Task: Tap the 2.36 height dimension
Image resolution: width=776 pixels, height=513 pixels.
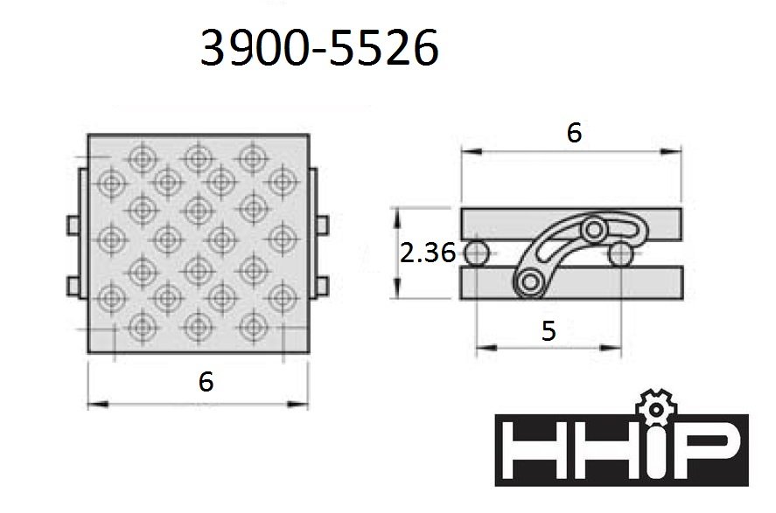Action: tap(427, 253)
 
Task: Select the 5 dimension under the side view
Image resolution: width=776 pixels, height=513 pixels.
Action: tap(549, 330)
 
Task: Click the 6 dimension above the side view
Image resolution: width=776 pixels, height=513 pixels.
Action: tap(574, 133)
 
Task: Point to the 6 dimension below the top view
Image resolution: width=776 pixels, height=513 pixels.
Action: tap(206, 381)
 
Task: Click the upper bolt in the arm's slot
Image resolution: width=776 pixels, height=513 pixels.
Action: tap(594, 230)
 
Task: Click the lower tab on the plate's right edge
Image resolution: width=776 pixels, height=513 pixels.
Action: tap(322, 286)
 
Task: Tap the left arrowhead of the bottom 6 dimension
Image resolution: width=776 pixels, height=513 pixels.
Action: tap(94, 403)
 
